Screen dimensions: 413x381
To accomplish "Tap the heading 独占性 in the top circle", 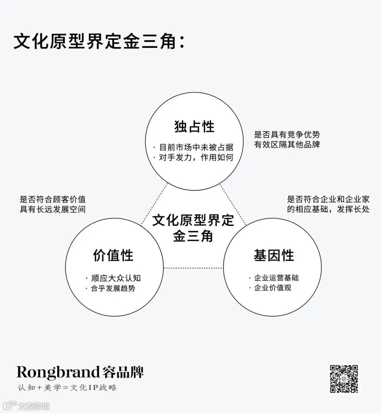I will point(194,126).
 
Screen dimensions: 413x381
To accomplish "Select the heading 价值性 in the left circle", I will point(113,255).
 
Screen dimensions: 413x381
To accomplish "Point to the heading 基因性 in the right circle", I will point(274,255).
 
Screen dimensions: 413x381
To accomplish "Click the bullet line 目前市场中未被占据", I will point(196,147).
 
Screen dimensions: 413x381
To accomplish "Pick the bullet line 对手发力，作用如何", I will point(196,157).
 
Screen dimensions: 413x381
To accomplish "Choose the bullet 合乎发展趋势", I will point(113,288).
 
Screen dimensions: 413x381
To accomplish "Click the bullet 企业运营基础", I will point(276,278).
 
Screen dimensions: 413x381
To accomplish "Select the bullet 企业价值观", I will point(272,288).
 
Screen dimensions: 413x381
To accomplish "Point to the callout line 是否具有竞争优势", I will point(287,134).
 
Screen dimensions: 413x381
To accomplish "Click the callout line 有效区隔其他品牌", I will point(287,144).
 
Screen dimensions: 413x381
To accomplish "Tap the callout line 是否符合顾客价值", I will point(53,199).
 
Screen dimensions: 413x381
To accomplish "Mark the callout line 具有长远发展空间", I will point(53,209).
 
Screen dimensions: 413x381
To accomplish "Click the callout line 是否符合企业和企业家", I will point(328,199).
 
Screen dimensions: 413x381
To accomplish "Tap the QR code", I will point(344,379).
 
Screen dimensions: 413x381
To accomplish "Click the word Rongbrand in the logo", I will point(58,372).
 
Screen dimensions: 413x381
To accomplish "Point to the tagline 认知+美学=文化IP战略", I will point(67,388).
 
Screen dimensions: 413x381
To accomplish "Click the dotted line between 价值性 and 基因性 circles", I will point(193,268).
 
